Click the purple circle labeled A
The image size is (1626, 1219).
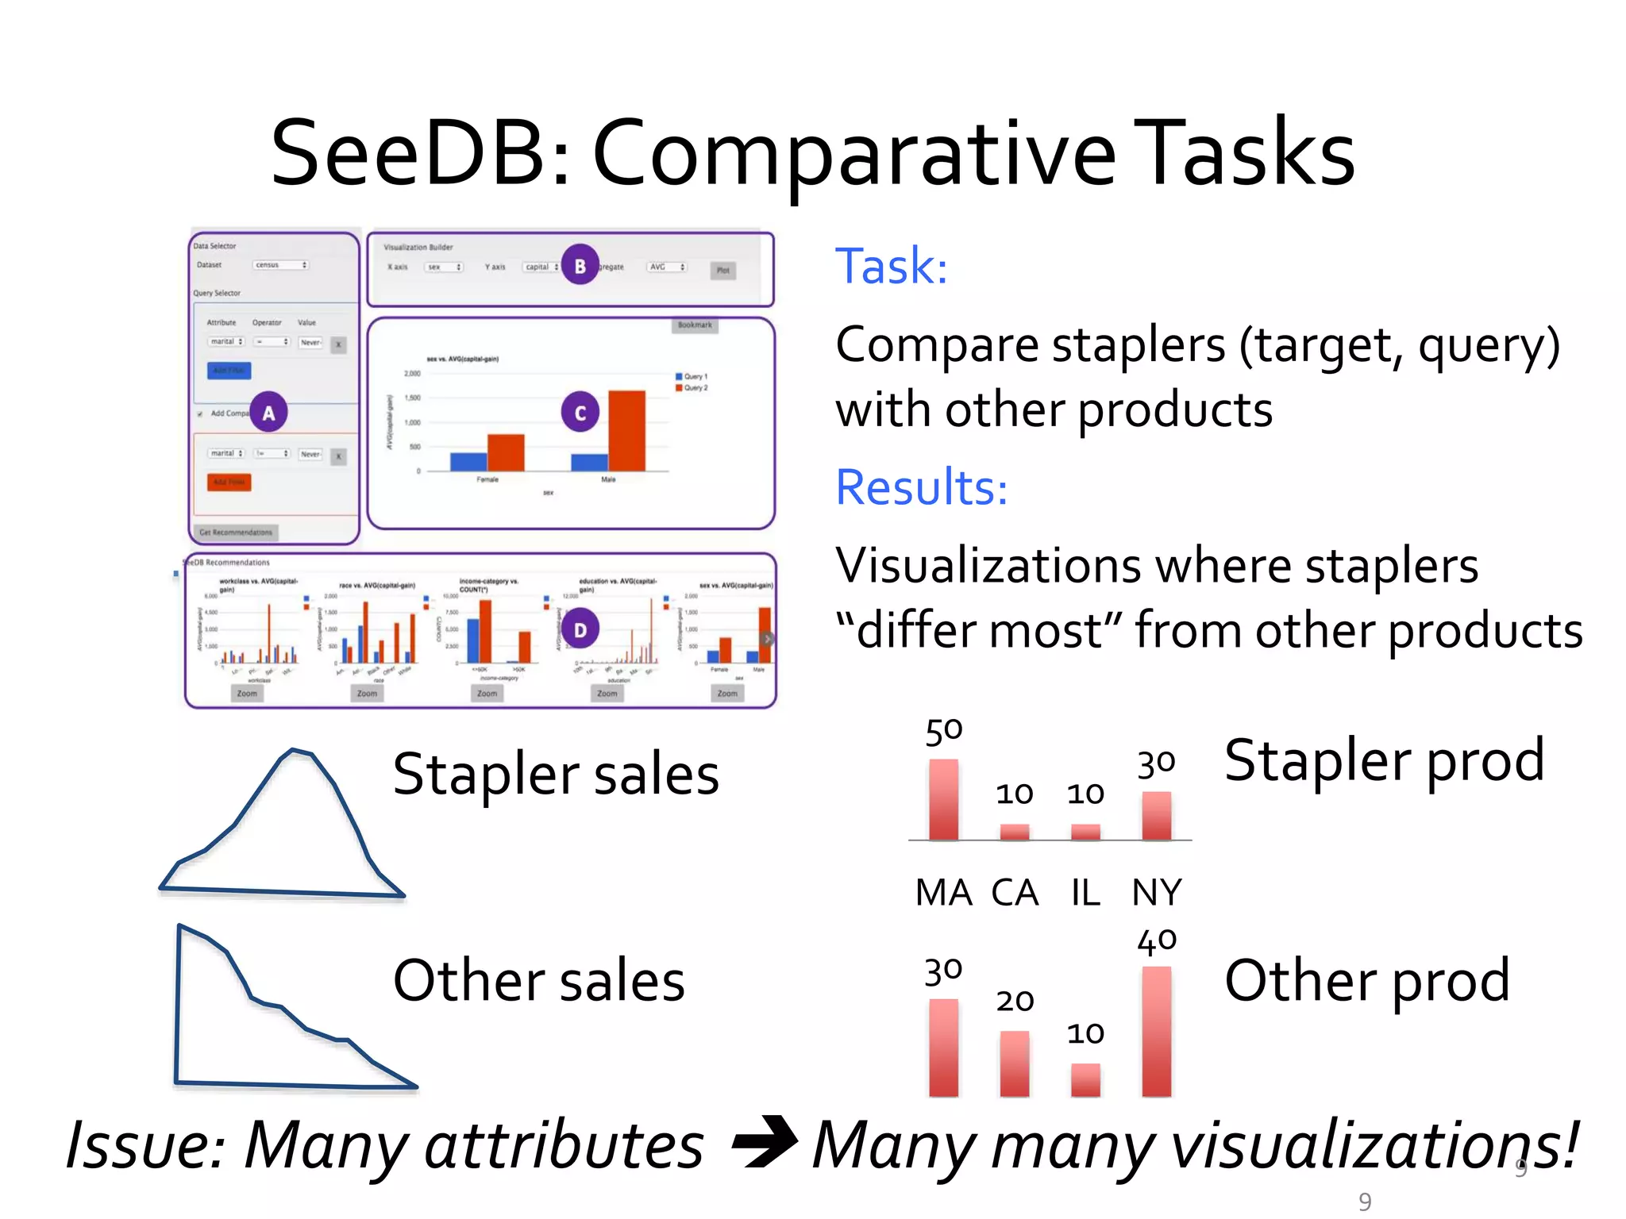(268, 412)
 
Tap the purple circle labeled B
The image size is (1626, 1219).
(580, 265)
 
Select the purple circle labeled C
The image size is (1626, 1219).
(580, 412)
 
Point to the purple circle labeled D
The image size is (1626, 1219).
(580, 629)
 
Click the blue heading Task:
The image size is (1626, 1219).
(891, 266)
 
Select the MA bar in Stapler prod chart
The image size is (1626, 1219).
(943, 799)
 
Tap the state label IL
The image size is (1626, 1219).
(1085, 893)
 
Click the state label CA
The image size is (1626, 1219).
(1015, 893)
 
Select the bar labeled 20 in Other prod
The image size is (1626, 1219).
(1015, 1063)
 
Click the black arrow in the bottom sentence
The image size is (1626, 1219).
(764, 1143)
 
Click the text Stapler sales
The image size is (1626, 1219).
(556, 775)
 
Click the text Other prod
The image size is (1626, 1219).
(1366, 981)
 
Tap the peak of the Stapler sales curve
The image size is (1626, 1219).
(295, 751)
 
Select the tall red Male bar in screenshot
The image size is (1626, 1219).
(626, 430)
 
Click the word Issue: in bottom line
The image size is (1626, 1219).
(146, 1145)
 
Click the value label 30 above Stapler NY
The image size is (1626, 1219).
(1156, 764)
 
